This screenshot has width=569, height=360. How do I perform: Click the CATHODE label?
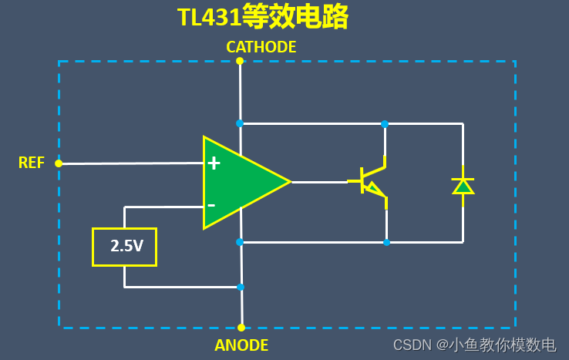(261, 47)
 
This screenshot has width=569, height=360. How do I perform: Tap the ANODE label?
(241, 345)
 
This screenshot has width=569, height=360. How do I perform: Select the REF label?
(32, 163)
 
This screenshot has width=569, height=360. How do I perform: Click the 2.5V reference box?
(124, 247)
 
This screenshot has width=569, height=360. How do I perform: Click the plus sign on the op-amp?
(214, 163)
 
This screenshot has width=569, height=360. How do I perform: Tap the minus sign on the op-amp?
(211, 206)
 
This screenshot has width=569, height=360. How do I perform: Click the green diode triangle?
(463, 186)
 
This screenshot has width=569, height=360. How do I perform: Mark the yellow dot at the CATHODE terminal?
(240, 61)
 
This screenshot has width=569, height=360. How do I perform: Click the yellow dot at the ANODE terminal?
(241, 328)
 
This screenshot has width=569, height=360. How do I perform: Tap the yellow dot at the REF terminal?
(59, 163)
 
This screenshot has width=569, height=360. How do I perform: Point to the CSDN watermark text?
(474, 345)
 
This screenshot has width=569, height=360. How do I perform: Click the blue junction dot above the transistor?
(384, 123)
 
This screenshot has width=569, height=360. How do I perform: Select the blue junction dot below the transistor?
(386, 242)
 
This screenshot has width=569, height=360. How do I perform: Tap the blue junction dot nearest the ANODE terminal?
(241, 287)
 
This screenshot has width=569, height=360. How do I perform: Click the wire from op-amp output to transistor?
(320, 183)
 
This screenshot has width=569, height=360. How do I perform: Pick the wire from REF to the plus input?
(131, 163)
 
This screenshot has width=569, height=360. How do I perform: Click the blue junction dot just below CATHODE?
(240, 123)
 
